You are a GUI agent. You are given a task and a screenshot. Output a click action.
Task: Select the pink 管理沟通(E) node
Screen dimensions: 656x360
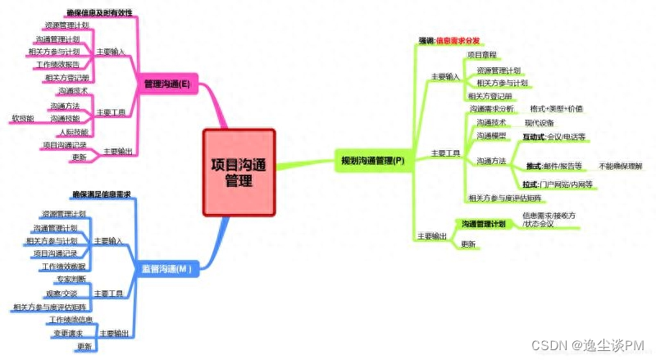[x=167, y=83]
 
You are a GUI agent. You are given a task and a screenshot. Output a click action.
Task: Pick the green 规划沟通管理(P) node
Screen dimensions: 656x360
[x=373, y=161]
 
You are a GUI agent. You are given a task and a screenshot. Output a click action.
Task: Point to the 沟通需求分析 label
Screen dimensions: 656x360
[x=493, y=108]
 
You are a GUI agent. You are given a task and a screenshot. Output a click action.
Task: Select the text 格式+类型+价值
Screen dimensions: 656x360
[x=557, y=108]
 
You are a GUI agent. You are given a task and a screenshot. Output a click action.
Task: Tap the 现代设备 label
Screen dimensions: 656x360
[x=539, y=122]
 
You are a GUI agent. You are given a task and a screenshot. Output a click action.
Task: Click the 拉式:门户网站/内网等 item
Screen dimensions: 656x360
[x=558, y=185]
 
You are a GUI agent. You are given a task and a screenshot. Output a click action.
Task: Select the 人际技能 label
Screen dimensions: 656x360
[x=71, y=131]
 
